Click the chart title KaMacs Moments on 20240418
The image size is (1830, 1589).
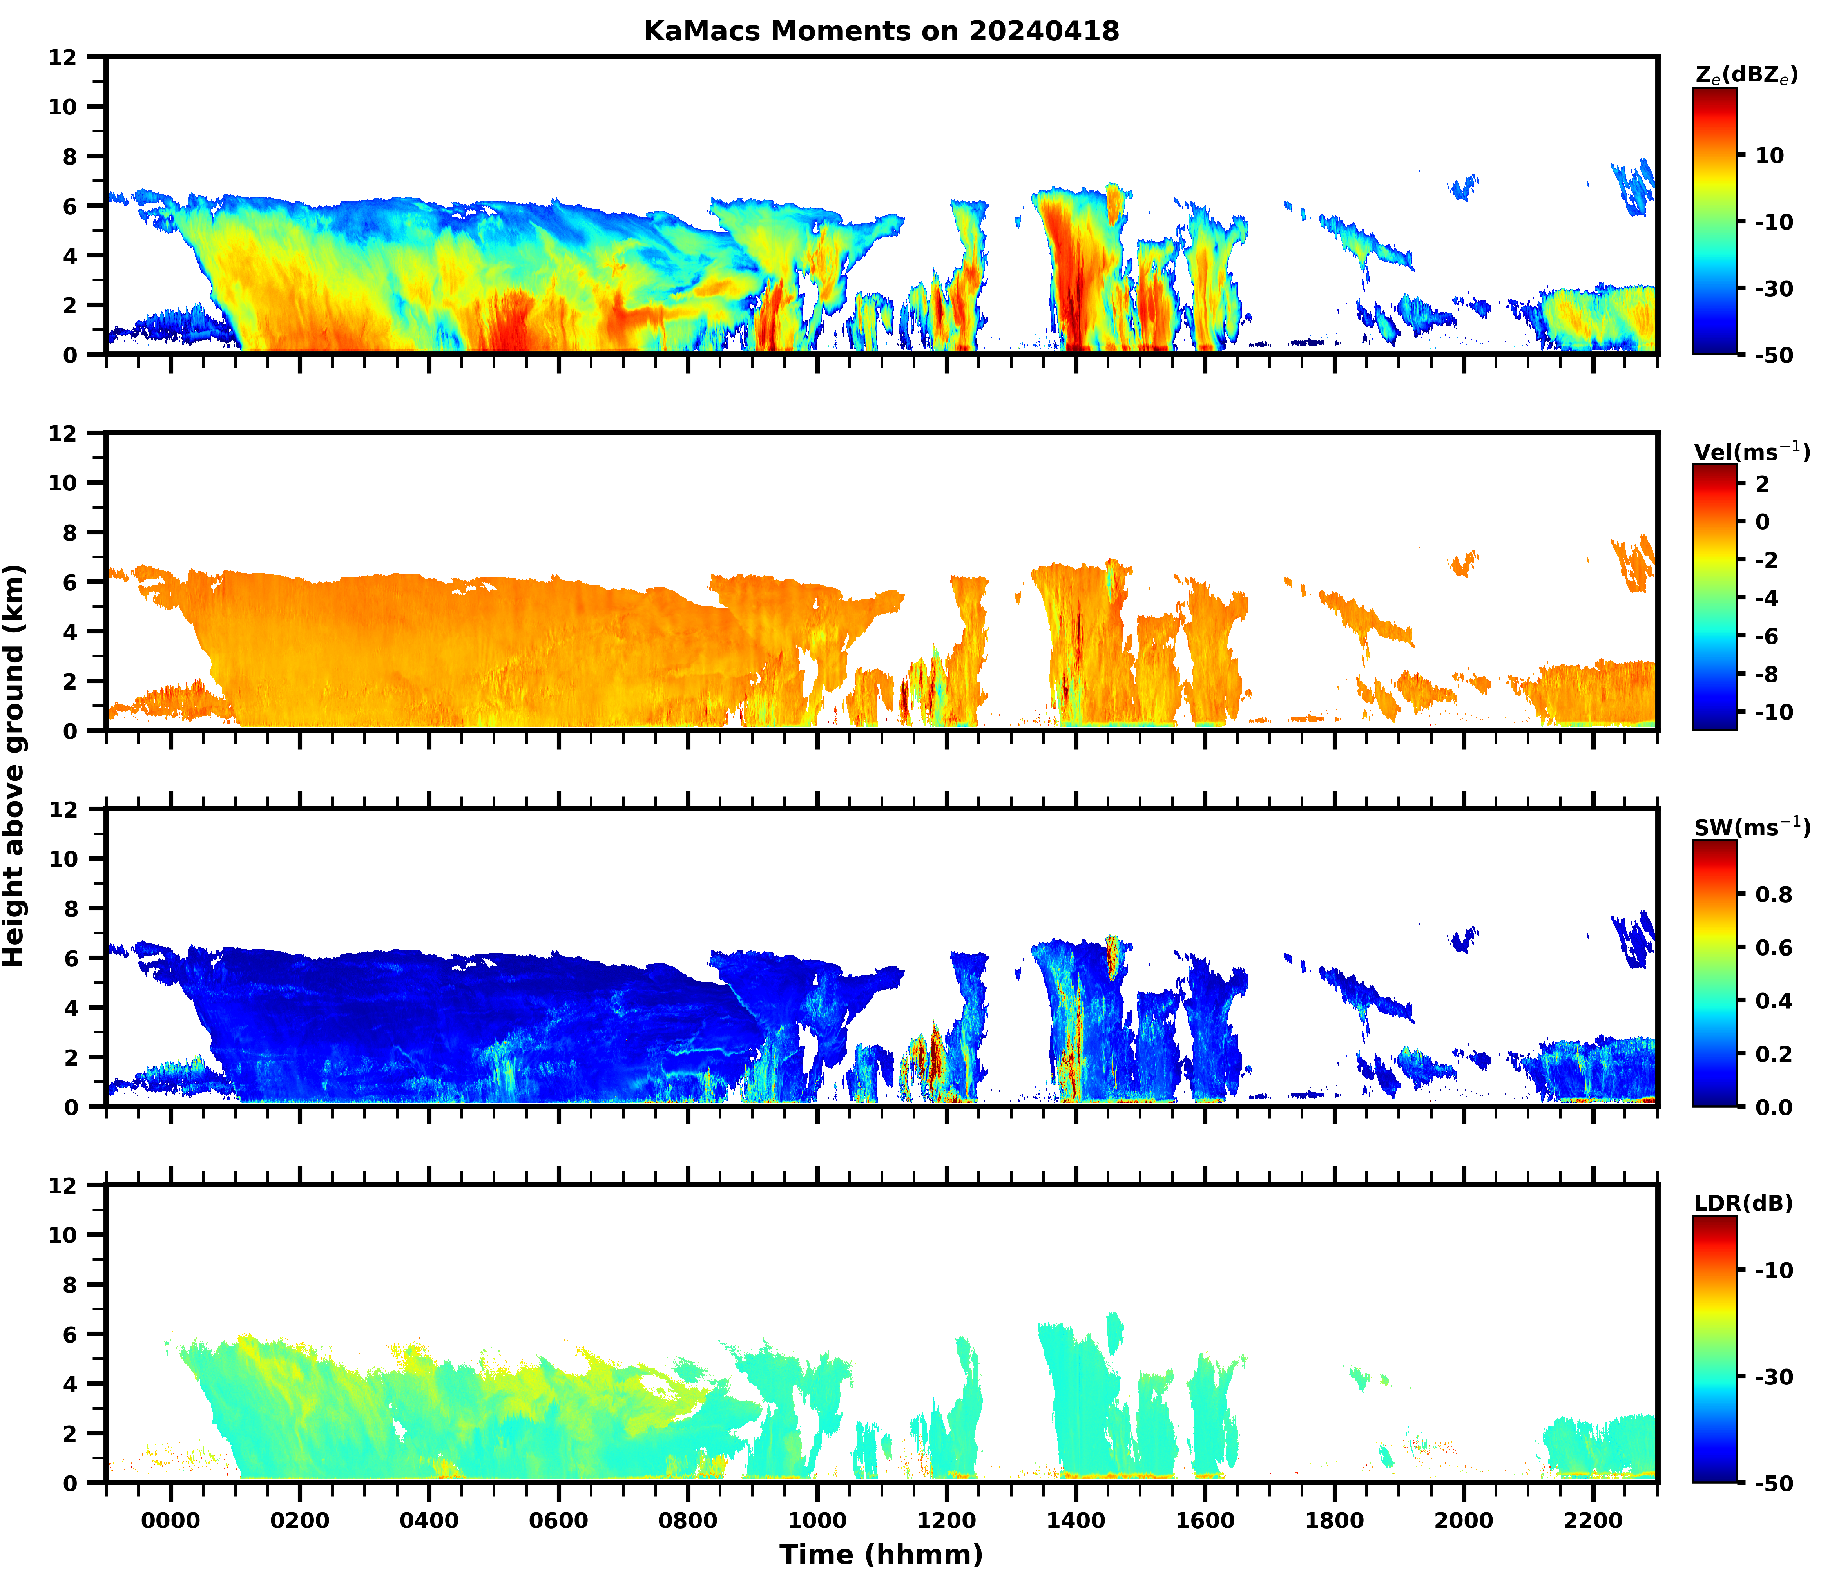click(881, 31)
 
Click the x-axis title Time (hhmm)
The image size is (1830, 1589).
click(881, 1553)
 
